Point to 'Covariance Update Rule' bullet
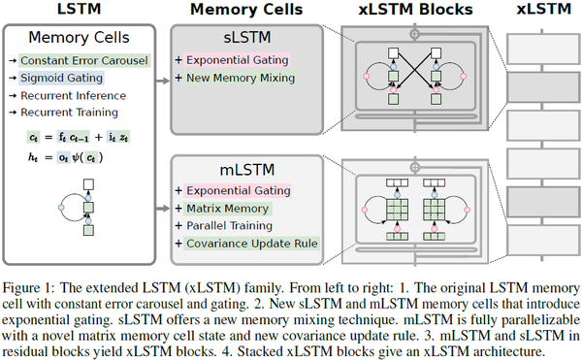click(x=251, y=243)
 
